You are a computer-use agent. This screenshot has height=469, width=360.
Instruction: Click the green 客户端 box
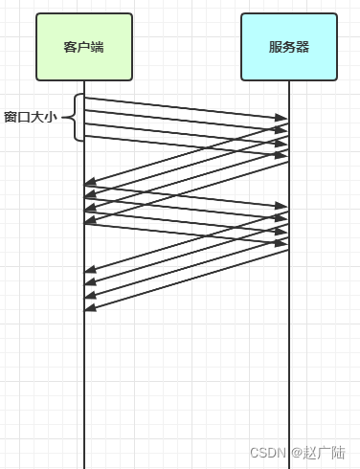point(84,46)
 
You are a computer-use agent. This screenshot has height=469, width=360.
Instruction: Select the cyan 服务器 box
point(289,46)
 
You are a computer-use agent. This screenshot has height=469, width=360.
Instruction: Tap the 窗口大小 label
point(31,118)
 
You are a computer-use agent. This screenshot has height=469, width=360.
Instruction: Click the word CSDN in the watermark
point(268,452)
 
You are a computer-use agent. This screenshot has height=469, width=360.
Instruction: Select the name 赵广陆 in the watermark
point(326,452)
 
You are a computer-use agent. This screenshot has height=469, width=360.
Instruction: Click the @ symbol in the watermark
point(298,452)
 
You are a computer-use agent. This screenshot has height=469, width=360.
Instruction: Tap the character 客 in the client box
point(70,47)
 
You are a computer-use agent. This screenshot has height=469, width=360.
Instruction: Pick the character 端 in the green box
point(99,47)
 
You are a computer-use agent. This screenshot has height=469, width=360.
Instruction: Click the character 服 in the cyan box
point(276,47)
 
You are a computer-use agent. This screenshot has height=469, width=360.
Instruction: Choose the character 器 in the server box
point(303,47)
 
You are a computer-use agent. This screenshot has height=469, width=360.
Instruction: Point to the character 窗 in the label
point(11,118)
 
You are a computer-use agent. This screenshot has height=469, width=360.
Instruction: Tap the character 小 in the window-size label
point(51,118)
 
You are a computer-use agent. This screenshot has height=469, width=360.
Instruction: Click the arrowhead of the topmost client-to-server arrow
point(283,119)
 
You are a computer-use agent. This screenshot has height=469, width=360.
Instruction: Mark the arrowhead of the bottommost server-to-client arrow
point(90,308)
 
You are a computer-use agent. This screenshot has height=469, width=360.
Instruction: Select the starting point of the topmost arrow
point(85,98)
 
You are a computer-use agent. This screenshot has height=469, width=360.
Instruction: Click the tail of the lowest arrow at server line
point(288,251)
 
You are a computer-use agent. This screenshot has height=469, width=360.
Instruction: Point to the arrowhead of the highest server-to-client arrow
point(90,182)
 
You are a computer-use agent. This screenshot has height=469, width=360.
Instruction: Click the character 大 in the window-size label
point(37,118)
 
